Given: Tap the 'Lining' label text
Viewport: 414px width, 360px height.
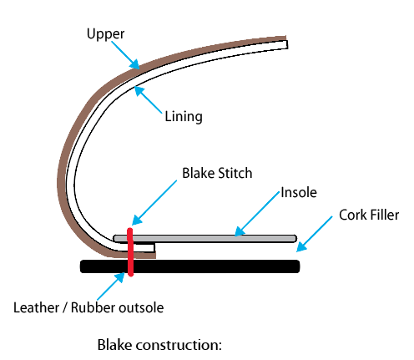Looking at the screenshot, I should (184, 117).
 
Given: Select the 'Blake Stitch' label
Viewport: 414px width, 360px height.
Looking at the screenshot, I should (217, 174).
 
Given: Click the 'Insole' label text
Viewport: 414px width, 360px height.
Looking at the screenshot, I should (299, 192).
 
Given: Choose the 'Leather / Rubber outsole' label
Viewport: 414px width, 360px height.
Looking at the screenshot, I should (88, 307).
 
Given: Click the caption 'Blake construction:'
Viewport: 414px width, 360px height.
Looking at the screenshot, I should (159, 344).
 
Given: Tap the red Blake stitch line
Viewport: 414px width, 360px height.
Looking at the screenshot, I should (130, 251).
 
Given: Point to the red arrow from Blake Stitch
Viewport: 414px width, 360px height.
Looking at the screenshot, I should (154, 201).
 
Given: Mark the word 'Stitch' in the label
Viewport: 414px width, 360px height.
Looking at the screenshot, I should (235, 174).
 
